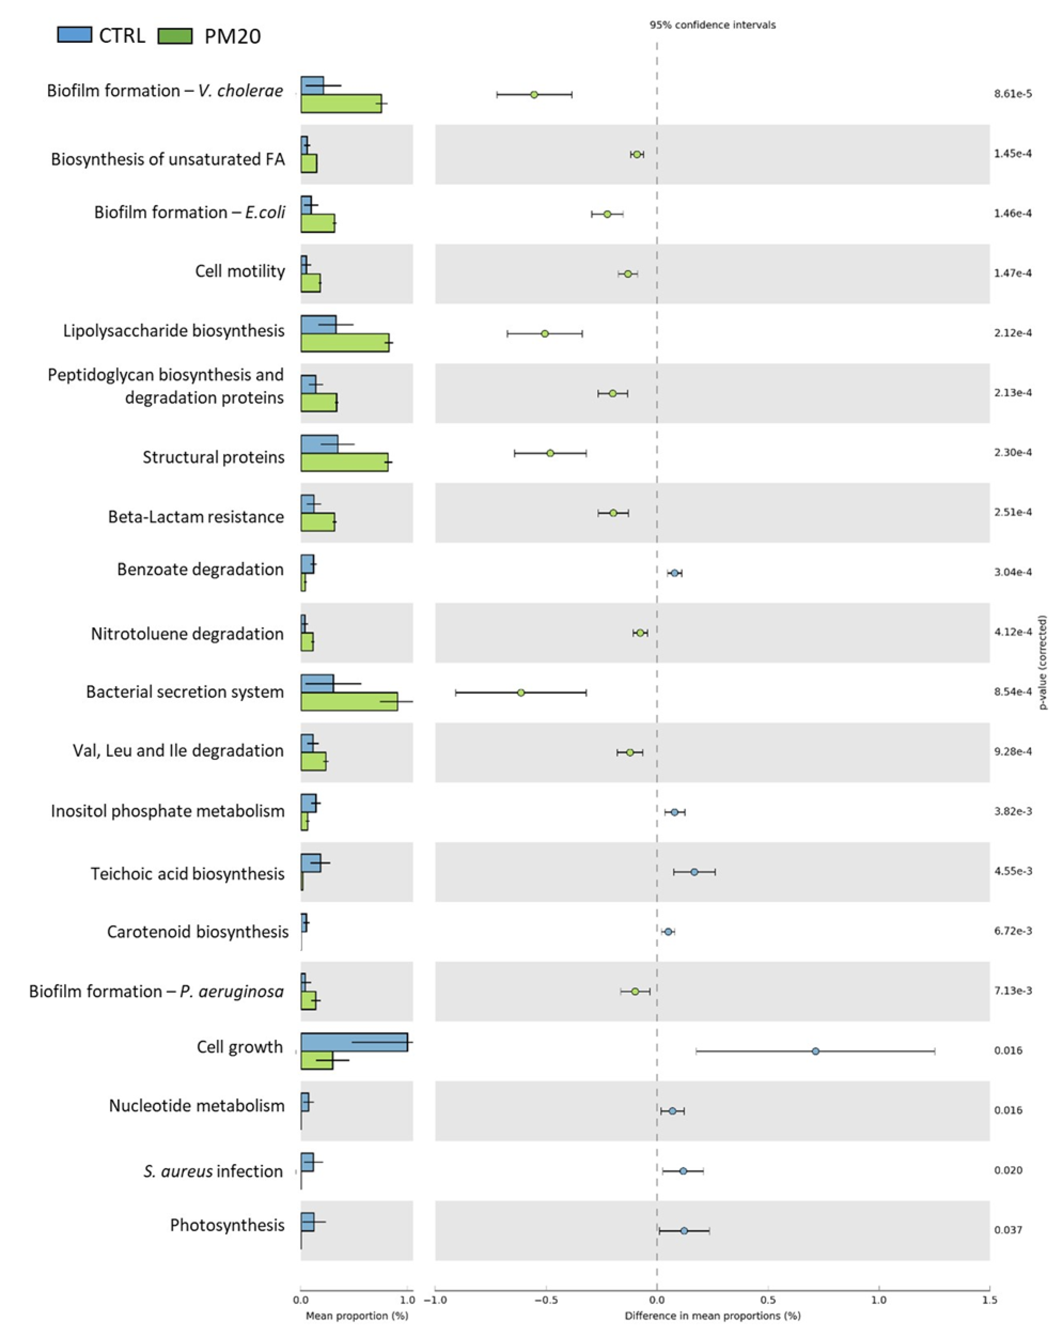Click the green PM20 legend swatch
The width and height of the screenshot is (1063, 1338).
pyautogui.click(x=175, y=36)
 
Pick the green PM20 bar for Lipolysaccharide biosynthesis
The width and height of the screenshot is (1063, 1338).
pyautogui.click(x=344, y=343)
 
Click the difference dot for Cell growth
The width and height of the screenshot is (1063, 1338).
pyautogui.click(x=815, y=1051)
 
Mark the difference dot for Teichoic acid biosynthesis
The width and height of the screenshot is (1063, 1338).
pyautogui.click(x=695, y=872)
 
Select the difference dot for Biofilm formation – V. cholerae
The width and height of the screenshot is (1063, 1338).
pyautogui.click(x=534, y=94)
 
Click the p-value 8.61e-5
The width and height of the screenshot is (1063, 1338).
pyautogui.click(x=1013, y=94)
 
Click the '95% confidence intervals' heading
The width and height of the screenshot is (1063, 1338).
pyautogui.click(x=712, y=25)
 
